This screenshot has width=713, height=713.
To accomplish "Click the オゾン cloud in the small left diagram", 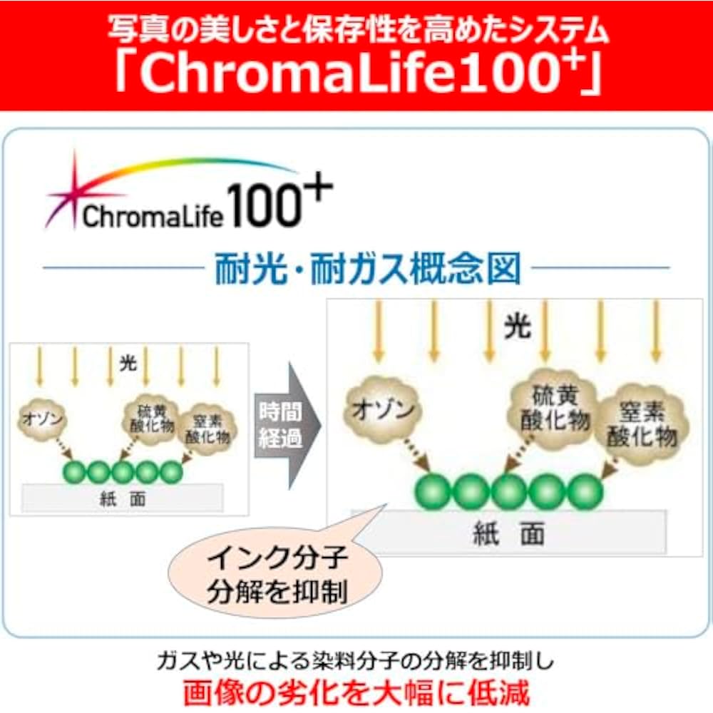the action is tap(42, 419).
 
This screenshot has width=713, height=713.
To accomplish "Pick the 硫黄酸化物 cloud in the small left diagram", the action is tap(151, 419).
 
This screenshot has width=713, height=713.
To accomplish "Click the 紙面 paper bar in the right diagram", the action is tap(509, 533).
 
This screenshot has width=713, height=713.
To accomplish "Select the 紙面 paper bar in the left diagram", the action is tap(123, 498).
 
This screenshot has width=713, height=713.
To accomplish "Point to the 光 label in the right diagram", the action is tap(518, 326).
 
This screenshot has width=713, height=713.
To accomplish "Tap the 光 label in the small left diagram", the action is tap(128, 363).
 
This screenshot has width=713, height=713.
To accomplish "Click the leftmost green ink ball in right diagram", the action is tap(433, 491).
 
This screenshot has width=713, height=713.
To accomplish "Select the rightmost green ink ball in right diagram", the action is tap(585, 491).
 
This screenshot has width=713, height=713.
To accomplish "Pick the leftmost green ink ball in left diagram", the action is tap(74, 473).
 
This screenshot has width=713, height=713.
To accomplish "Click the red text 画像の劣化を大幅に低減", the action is tap(356, 692).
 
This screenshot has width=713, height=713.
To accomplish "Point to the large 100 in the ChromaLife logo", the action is tap(264, 207).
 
